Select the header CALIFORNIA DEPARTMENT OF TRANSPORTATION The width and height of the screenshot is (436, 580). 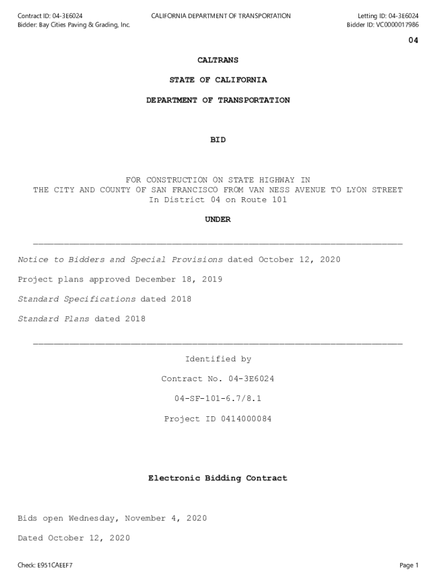[x=221, y=16]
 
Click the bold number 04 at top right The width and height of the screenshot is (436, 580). [x=413, y=40]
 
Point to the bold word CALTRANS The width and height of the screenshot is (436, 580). [x=218, y=60]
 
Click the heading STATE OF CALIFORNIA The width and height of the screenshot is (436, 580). [x=218, y=80]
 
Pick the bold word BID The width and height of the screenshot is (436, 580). [x=218, y=139]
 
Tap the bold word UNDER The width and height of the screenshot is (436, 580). [x=218, y=220]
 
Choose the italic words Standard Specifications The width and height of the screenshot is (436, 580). [x=76, y=299]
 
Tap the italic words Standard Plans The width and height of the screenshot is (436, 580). [x=53, y=319]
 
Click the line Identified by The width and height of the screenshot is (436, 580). [x=218, y=359]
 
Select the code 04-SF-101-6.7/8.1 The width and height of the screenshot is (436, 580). [x=218, y=399]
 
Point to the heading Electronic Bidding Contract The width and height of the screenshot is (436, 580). [x=218, y=479]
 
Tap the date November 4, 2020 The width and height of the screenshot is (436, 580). [x=166, y=518]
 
